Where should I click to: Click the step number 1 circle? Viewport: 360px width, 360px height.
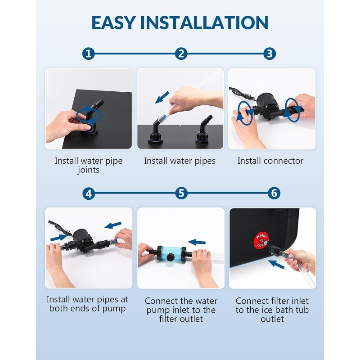88,54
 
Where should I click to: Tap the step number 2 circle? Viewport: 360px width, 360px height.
181,54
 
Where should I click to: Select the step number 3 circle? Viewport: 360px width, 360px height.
270,54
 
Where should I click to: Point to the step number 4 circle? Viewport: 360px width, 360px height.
89,193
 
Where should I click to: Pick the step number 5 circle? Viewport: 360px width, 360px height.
181,193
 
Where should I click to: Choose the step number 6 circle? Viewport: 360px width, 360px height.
274,193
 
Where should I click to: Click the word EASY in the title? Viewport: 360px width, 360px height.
113,22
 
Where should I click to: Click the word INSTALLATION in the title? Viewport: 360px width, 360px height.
204,22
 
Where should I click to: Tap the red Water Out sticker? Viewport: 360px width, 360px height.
261,240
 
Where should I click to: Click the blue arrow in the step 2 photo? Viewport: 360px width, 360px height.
162,97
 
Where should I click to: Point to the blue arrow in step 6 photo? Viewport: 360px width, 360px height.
276,264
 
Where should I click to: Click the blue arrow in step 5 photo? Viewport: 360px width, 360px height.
197,242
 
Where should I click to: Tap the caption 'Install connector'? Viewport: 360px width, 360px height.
270,161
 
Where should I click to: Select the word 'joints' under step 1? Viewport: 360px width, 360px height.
89,170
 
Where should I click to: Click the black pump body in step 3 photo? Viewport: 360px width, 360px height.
267,106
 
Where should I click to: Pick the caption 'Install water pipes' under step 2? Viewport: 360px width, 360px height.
180,161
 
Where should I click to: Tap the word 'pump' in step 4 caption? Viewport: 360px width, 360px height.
114,309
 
